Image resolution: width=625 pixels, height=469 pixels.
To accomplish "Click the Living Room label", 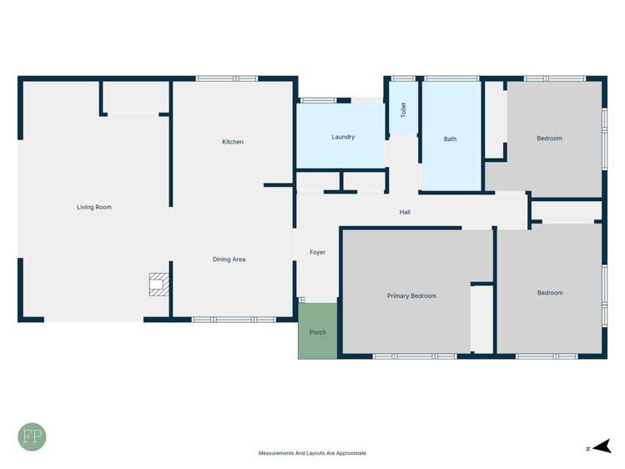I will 94,207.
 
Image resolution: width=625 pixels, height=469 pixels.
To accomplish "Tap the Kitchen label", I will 233,142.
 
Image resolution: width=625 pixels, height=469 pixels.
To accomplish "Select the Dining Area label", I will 229,260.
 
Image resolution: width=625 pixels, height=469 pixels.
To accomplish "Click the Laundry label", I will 343,137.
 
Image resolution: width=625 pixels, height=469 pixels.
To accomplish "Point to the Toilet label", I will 404,109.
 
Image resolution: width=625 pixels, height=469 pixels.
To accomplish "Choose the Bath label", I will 451,139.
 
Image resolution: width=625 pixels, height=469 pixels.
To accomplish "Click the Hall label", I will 405,212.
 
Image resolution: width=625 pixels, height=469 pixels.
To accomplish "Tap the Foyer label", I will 317,252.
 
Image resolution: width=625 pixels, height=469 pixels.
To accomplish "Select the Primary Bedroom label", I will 411,295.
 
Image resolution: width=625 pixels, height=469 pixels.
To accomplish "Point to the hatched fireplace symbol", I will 159,285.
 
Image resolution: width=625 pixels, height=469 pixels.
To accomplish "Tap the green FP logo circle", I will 33,436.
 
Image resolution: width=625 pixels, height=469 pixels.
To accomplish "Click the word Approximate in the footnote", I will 349,453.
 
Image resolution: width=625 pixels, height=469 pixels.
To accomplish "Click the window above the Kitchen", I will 226,78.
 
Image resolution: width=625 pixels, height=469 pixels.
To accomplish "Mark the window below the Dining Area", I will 234,320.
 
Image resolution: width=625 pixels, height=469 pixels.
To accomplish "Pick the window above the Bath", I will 451,78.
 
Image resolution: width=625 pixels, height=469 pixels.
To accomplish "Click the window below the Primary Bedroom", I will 415,356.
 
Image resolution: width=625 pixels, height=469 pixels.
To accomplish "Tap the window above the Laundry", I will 318,101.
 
